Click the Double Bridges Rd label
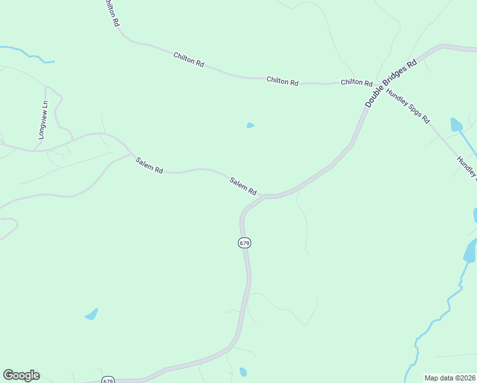[x=391, y=83]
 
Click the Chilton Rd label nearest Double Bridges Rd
[x=356, y=82]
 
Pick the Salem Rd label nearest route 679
[x=243, y=186]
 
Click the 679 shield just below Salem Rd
[x=245, y=243]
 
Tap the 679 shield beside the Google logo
[x=107, y=379]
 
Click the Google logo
[x=21, y=375]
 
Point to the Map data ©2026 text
[x=449, y=377]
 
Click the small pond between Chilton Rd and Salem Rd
[x=251, y=125]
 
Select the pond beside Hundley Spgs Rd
[x=456, y=124]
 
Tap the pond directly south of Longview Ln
[x=92, y=314]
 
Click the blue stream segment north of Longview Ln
[x=29, y=54]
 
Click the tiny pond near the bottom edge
[x=243, y=372]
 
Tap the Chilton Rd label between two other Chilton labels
[x=283, y=81]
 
